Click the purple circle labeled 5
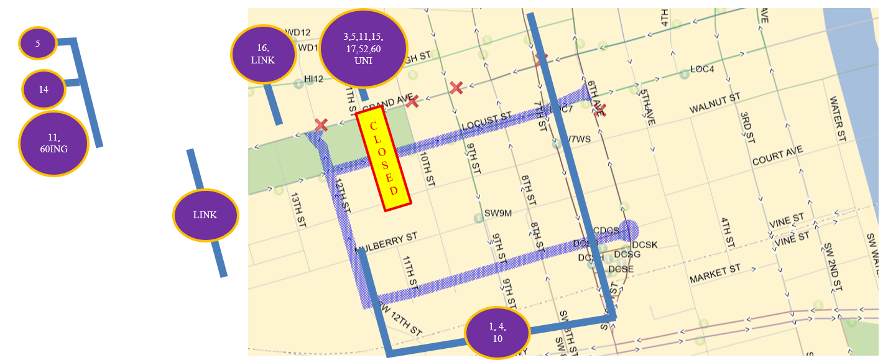38,44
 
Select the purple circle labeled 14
44,90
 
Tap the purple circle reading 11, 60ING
53,144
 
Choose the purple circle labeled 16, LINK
262,54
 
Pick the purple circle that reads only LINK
205,215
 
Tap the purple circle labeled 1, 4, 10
497,333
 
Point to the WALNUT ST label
714,103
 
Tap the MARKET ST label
715,274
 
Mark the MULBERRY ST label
387,243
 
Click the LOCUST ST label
486,122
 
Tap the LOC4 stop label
702,69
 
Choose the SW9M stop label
498,213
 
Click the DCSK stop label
644,245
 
